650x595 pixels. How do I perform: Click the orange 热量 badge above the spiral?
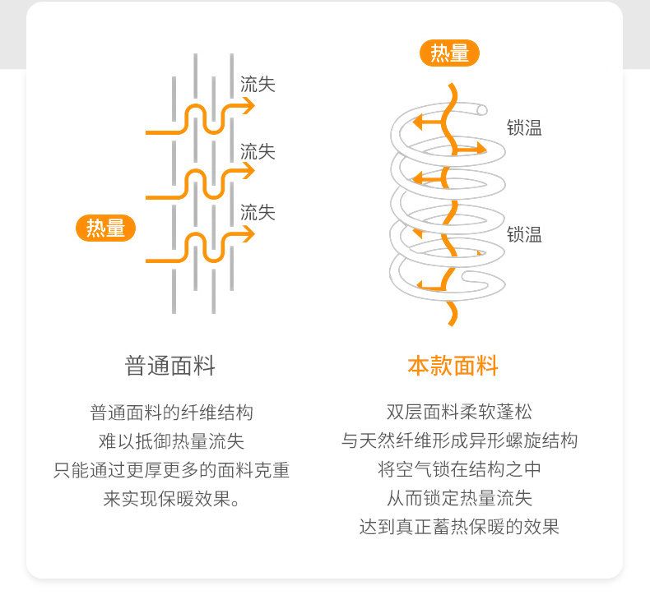(x=450, y=53)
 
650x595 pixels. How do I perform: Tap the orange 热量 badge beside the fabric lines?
(x=105, y=228)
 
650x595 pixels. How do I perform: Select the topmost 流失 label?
(x=258, y=84)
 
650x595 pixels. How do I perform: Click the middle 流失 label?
(x=258, y=151)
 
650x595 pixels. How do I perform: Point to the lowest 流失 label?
(x=258, y=212)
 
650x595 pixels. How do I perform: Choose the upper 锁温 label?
(x=524, y=127)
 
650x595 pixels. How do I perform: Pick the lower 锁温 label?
(x=524, y=234)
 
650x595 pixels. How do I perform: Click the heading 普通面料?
(x=170, y=366)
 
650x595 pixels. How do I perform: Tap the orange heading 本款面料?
(x=453, y=366)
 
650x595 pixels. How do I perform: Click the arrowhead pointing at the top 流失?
(x=246, y=106)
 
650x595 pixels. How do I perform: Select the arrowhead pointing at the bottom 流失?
(x=246, y=235)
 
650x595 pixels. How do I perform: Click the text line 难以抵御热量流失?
(x=171, y=441)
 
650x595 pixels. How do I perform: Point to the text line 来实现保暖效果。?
(x=171, y=499)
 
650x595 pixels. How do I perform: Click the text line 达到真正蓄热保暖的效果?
(x=459, y=527)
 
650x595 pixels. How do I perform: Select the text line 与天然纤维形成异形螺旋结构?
(x=459, y=440)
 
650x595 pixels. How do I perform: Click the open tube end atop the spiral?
(x=481, y=110)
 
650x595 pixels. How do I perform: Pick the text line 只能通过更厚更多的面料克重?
(x=171, y=470)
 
